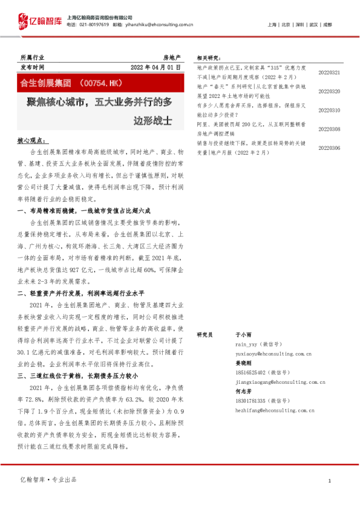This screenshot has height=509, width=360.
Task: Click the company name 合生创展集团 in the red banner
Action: (x=50, y=81)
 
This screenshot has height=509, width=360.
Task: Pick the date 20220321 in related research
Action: (x=329, y=73)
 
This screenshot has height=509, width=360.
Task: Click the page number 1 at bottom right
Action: (x=329, y=481)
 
